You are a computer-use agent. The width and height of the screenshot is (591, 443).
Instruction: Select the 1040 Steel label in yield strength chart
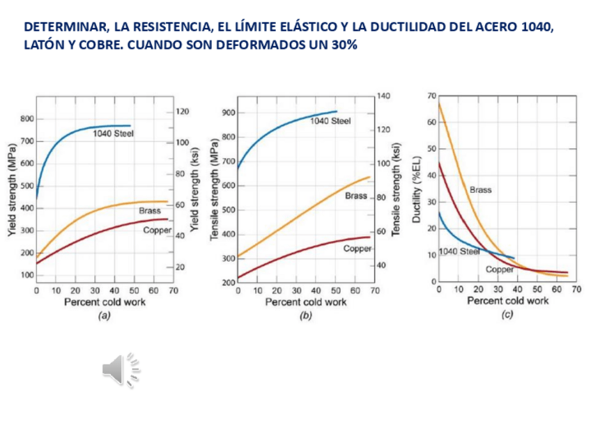113,132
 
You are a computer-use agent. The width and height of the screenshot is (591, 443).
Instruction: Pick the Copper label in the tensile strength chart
358,248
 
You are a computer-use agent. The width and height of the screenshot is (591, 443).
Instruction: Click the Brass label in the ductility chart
480,189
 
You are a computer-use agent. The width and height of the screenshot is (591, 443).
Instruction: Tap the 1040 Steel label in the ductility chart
459,251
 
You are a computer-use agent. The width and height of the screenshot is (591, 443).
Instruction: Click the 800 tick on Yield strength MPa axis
26,119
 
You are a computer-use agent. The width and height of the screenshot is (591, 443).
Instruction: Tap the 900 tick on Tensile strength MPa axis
227,113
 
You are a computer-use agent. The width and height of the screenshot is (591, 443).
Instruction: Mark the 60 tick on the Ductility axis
431,123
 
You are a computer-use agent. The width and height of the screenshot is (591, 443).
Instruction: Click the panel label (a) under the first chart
104,316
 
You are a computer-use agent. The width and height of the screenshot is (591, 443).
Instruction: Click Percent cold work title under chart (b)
305,302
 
